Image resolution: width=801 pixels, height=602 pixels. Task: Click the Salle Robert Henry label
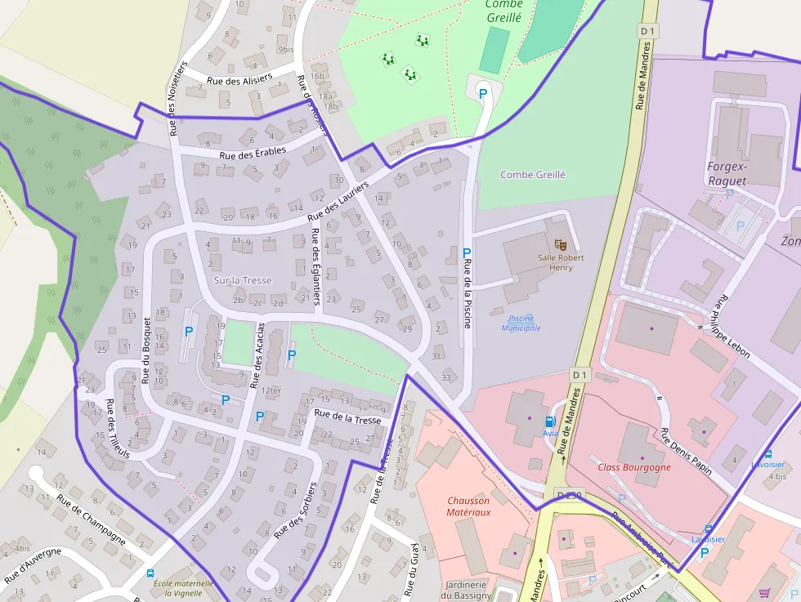(561, 262)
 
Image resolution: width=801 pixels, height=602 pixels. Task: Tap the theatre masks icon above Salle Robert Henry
(561, 243)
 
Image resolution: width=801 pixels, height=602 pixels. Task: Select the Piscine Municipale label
(521, 323)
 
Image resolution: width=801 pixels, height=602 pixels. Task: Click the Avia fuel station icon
(550, 421)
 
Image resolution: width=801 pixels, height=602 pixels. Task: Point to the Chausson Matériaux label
(468, 506)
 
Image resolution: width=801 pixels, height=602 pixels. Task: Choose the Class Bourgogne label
(634, 467)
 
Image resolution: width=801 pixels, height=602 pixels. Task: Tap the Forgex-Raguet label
(727, 173)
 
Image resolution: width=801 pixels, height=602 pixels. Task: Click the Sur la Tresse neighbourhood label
(243, 280)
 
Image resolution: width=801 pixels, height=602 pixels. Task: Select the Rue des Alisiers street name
(239, 81)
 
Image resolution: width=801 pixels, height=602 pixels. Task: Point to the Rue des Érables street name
(253, 153)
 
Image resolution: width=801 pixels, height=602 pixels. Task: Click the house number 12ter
(272, 390)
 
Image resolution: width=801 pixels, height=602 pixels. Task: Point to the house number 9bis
(285, 50)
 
